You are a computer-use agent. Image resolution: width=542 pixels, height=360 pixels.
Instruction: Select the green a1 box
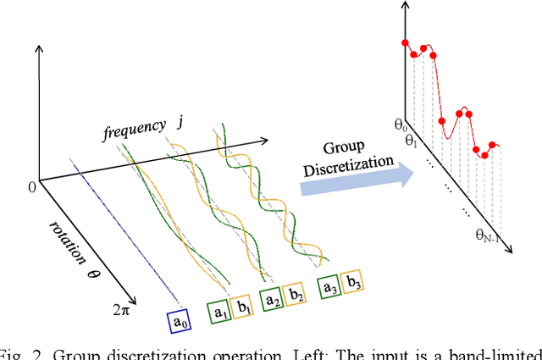tap(219, 311)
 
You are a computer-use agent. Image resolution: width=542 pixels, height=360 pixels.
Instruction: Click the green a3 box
tap(329, 285)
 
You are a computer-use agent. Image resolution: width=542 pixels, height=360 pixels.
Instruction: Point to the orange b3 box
tap(351, 285)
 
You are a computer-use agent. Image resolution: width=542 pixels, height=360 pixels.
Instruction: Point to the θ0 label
tap(401, 125)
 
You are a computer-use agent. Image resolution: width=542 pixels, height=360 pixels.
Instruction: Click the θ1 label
tap(412, 139)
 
